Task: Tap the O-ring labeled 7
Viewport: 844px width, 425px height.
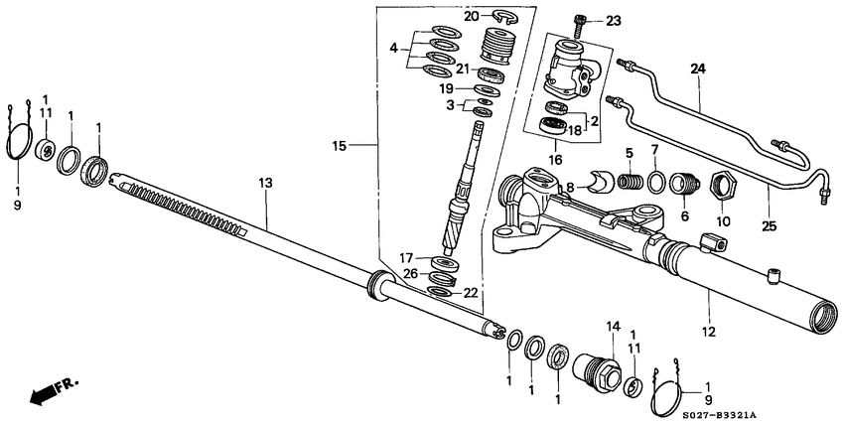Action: point(657,182)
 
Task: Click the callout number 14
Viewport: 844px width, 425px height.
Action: point(613,326)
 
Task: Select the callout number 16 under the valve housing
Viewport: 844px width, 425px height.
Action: point(554,157)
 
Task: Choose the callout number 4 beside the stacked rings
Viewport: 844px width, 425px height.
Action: point(394,47)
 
